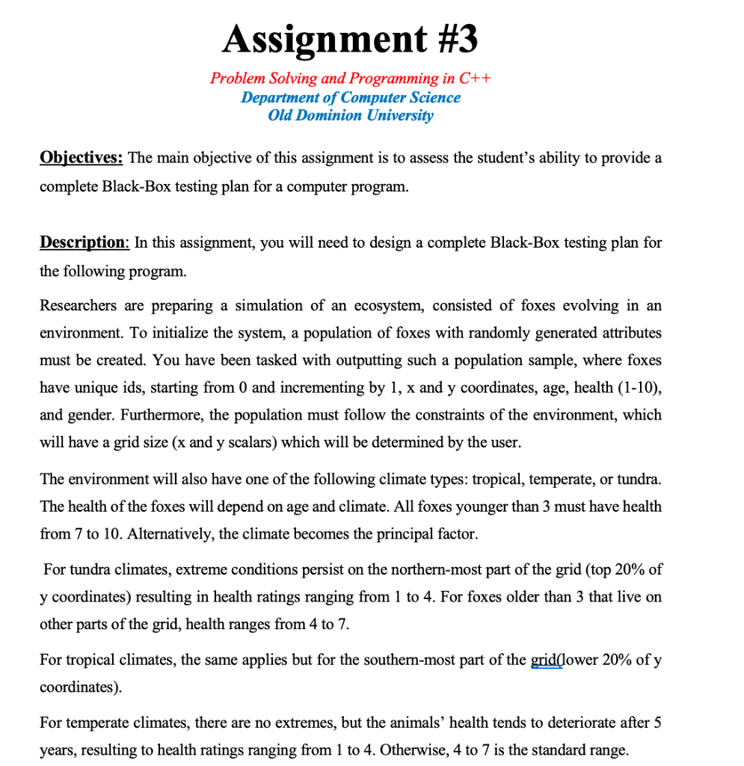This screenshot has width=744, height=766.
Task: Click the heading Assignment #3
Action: click(x=350, y=38)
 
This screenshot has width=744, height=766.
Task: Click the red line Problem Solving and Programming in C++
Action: click(x=350, y=79)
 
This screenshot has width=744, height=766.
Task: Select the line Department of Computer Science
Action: click(x=350, y=97)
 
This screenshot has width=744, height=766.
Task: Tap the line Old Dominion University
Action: click(x=350, y=115)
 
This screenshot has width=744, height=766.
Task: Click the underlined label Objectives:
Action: click(x=82, y=159)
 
